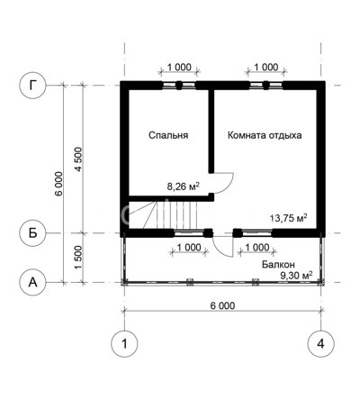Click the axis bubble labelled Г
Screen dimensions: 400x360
pyautogui.click(x=32, y=86)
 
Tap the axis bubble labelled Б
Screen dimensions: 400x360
pyautogui.click(x=32, y=232)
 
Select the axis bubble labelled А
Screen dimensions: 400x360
pyautogui.click(x=32, y=282)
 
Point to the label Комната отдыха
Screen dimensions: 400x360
pyautogui.click(x=265, y=135)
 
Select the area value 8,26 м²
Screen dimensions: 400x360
pyautogui.click(x=183, y=186)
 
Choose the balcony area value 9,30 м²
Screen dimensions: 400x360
pyautogui.click(x=295, y=276)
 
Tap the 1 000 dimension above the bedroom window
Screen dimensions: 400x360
pyautogui.click(x=178, y=68)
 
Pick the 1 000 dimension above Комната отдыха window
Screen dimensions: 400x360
pyautogui.click(x=265, y=68)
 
